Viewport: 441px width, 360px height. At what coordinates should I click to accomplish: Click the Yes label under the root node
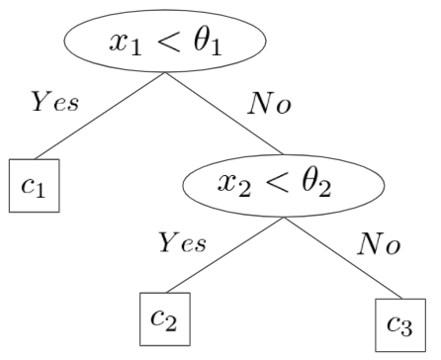pyautogui.click(x=55, y=101)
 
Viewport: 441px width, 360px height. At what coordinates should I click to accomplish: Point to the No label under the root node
pyautogui.click(x=269, y=103)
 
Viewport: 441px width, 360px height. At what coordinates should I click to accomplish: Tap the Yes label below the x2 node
pyautogui.click(x=183, y=242)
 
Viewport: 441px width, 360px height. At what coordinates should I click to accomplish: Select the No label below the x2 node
pyautogui.click(x=379, y=243)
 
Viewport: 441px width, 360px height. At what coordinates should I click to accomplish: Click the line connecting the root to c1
pyautogui.click(x=100, y=116)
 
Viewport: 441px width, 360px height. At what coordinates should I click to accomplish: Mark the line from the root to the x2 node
pyautogui.click(x=224, y=114)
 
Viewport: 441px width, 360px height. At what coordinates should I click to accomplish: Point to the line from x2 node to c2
pyautogui.click(x=225, y=255)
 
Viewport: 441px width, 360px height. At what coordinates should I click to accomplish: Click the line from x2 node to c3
pyautogui.click(x=343, y=258)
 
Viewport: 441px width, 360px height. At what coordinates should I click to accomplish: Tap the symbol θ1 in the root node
pyautogui.click(x=208, y=43)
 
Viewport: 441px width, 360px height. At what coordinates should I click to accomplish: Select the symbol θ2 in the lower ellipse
pyautogui.click(x=316, y=185)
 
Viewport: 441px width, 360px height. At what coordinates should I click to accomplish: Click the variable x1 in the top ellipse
pyautogui.click(x=126, y=45)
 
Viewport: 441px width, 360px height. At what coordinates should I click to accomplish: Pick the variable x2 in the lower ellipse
pyautogui.click(x=234, y=187)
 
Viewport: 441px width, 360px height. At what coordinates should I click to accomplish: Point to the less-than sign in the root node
pyautogui.click(x=168, y=42)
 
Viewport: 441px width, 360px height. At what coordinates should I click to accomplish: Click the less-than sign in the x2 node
pyautogui.click(x=277, y=184)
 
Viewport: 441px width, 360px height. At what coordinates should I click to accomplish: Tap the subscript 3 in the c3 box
pyautogui.click(x=406, y=328)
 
